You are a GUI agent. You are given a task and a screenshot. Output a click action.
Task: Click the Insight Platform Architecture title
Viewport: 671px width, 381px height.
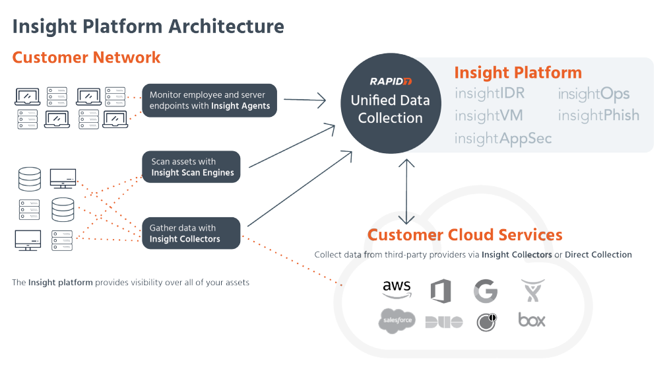(148, 26)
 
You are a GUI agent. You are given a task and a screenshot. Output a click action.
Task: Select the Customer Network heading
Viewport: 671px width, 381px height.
(86, 57)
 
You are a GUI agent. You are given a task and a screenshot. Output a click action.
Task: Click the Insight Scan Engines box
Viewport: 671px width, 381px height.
(191, 167)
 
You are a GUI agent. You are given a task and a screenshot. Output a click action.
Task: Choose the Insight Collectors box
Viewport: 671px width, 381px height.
(191, 233)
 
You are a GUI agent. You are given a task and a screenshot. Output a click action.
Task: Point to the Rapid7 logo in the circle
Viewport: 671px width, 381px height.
(390, 81)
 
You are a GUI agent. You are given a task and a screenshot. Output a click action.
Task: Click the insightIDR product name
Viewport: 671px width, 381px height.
(489, 94)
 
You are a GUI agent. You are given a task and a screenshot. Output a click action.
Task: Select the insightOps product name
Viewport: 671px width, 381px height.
(593, 94)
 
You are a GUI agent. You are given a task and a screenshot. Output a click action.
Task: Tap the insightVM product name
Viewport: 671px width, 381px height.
(488, 116)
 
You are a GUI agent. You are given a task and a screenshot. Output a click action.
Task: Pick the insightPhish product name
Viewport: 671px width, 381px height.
(598, 116)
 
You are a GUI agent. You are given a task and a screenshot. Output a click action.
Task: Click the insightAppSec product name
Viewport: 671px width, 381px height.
(503, 138)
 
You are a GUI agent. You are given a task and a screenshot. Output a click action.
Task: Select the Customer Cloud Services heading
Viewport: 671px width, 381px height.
(464, 235)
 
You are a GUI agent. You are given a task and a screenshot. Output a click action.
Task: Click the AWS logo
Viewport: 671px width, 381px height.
(397, 289)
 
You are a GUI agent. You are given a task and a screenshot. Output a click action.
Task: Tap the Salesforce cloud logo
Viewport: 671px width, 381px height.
(397, 320)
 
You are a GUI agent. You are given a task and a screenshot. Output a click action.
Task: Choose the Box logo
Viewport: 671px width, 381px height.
(532, 320)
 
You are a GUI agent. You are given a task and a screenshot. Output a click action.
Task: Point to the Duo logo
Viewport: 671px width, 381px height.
(443, 322)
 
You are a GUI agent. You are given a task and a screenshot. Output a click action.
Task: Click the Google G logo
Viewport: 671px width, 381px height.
(485, 291)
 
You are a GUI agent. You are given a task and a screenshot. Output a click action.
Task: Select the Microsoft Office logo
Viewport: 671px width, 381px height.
(440, 291)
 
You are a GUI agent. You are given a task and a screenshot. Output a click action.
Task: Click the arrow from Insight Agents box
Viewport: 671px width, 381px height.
(305, 100)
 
